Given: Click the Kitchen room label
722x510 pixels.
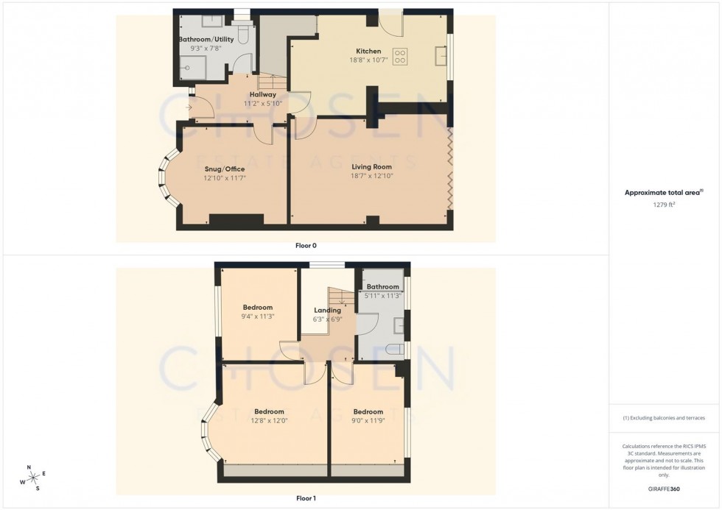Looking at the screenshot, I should (x=368, y=51).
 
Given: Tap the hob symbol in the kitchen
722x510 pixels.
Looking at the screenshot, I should (x=401, y=57).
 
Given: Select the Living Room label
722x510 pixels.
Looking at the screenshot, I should (x=371, y=167).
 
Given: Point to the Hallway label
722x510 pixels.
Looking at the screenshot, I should (x=262, y=94).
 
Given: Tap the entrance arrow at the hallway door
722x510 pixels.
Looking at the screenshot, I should (x=189, y=108).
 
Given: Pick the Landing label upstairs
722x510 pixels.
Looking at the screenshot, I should (x=327, y=310).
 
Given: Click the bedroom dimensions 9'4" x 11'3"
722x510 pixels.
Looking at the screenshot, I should (x=258, y=317).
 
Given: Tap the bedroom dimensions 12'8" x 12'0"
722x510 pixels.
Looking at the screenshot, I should (x=270, y=421).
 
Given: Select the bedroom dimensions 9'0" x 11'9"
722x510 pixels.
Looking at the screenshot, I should (x=368, y=421).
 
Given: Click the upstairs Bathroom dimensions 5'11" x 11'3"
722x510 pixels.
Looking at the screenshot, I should (x=383, y=296).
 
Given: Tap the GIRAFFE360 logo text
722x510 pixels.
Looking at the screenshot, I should (x=665, y=487).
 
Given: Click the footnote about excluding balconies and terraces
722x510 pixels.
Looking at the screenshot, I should (x=664, y=418).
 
